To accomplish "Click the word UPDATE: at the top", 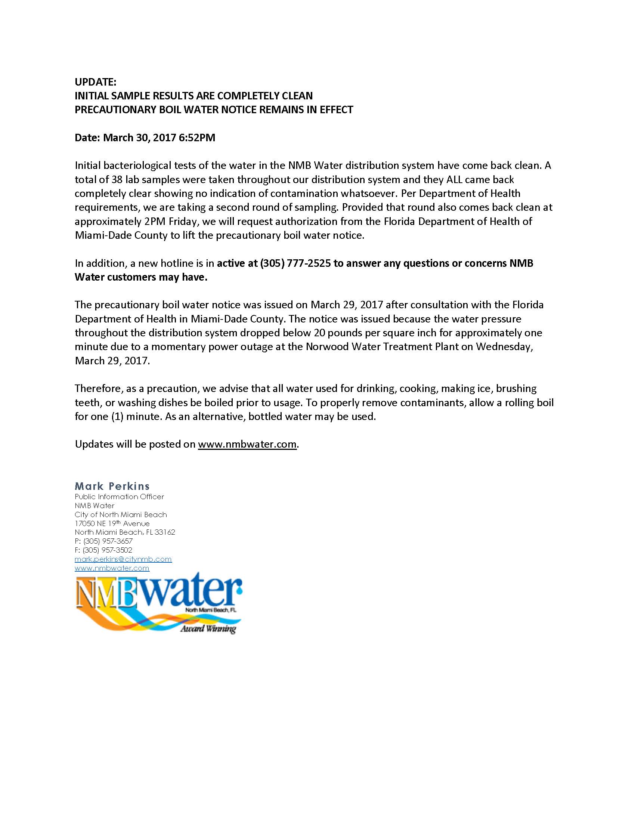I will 96,82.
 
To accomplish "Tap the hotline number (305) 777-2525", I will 295,263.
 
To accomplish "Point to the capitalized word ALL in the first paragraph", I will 454,179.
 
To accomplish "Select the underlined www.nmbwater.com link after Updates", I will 247,445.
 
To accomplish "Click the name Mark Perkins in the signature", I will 112,486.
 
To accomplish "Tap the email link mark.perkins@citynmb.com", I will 123,559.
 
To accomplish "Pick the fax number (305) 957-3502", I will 108,550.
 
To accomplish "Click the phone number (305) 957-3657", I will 108,541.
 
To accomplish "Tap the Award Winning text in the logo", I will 208,628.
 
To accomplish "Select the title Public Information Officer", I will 119,497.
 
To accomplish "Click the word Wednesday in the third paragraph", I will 504,347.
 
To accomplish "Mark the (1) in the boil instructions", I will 117,417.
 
